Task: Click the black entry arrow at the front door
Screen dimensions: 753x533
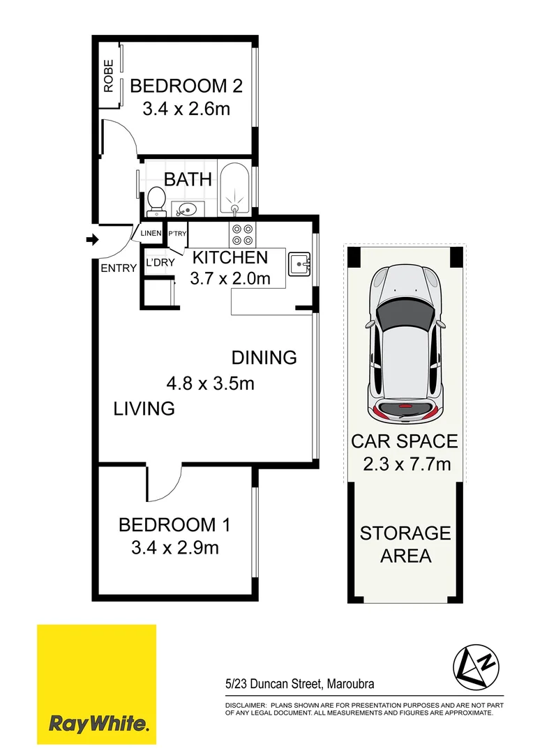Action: [x=91, y=241]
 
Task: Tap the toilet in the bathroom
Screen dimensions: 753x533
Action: [x=156, y=202]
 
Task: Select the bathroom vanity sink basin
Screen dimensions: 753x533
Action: [x=186, y=207]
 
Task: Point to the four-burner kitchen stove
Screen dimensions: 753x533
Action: [x=242, y=233]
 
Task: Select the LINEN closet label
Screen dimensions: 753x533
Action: [x=151, y=233]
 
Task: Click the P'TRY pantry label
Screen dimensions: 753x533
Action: [x=177, y=234]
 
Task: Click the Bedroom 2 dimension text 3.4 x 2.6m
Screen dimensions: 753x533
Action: [x=186, y=109]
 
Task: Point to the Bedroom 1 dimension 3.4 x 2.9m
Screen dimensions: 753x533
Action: [x=175, y=548]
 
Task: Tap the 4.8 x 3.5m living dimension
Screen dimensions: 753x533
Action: [x=210, y=383]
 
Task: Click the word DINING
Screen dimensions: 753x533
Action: [x=264, y=358]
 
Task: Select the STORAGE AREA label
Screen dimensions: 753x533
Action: [x=405, y=545]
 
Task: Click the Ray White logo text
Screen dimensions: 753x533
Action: [x=98, y=724]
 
